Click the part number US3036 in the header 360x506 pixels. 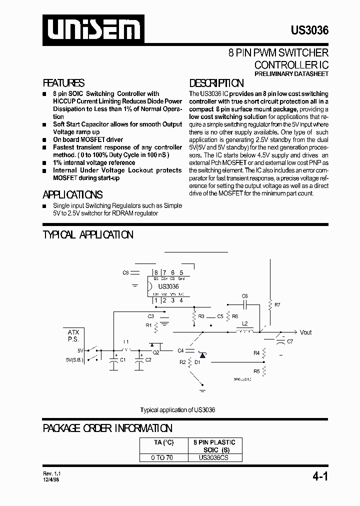point(309,30)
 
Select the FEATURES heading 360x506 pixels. point(63,83)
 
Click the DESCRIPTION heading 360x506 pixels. point(216,83)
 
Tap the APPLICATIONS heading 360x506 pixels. point(72,195)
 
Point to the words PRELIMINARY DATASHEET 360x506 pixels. point(291,74)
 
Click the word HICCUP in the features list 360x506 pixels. point(63,101)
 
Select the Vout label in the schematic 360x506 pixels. point(305,332)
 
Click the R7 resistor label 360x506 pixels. point(278,304)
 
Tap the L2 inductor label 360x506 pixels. point(244,324)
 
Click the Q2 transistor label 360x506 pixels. point(155,352)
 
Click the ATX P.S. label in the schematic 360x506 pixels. point(73,335)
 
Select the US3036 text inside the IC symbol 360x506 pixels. point(168,286)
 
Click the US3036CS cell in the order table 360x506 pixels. point(214,457)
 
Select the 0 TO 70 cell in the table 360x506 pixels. point(162,457)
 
